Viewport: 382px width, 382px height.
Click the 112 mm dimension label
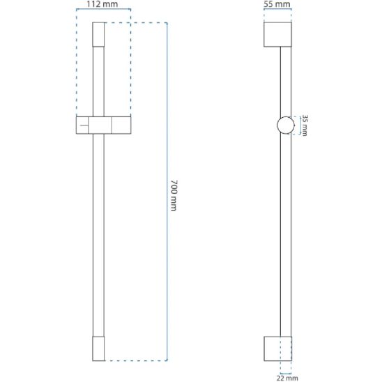(x=102, y=4)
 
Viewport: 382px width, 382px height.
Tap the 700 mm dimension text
(x=174, y=195)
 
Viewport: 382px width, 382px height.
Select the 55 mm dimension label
(x=277, y=4)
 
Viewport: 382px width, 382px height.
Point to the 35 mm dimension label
(x=305, y=125)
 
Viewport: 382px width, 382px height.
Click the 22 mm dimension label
(x=287, y=378)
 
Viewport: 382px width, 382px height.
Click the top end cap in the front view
(x=98, y=34)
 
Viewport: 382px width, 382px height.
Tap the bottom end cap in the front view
(x=98, y=349)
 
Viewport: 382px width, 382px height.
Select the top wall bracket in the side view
(x=277, y=34)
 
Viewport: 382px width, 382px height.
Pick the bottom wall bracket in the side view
(x=277, y=349)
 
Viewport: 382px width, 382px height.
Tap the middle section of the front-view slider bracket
(x=100, y=125)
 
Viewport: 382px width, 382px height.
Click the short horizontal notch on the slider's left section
(x=84, y=125)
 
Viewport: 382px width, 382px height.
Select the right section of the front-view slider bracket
(x=121, y=125)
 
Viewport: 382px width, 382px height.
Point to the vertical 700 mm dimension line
(x=167, y=192)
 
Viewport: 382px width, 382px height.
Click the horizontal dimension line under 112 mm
(x=104, y=10)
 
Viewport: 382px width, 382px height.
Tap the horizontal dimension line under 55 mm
(x=277, y=10)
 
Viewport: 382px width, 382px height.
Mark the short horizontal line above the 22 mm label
(x=286, y=373)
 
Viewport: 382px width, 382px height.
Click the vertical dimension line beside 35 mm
(x=300, y=125)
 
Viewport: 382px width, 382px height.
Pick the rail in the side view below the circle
(x=286, y=235)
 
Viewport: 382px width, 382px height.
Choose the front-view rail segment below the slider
(x=98, y=235)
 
